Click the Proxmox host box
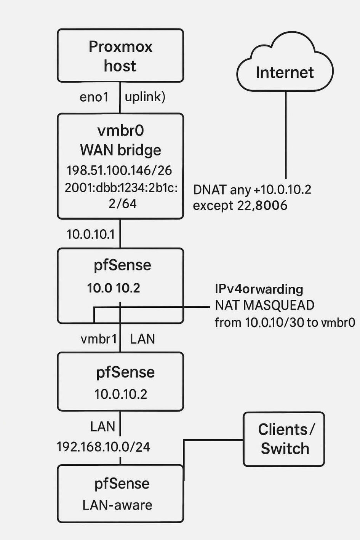tap(120, 56)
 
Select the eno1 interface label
tap(94, 97)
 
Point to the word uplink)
tap(145, 97)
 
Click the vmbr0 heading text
tap(121, 131)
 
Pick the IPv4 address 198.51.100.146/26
tap(119, 170)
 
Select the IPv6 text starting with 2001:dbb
tap(121, 188)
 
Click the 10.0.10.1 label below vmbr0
tap(91, 234)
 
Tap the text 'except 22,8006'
tap(240, 206)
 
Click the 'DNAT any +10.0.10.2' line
tap(252, 189)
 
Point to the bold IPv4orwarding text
tap(259, 289)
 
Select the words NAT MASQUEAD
tap(264, 305)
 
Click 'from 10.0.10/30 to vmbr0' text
tap(285, 323)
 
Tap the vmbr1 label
tap(99, 339)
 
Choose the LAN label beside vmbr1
tap(142, 339)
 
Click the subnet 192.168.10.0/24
tap(103, 447)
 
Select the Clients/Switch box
tap(284, 439)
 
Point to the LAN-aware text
tap(117, 505)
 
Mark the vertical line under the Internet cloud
tap(286, 135)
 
